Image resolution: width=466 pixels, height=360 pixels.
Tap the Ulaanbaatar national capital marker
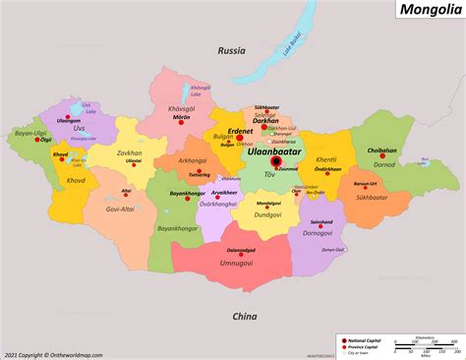tap(276, 163)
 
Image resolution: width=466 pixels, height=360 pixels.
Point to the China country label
tap(245, 316)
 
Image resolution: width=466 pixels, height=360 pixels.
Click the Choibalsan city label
tap(381, 150)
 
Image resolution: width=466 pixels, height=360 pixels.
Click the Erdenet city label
tap(240, 131)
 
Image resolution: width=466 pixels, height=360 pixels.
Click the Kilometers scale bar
tap(425, 343)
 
